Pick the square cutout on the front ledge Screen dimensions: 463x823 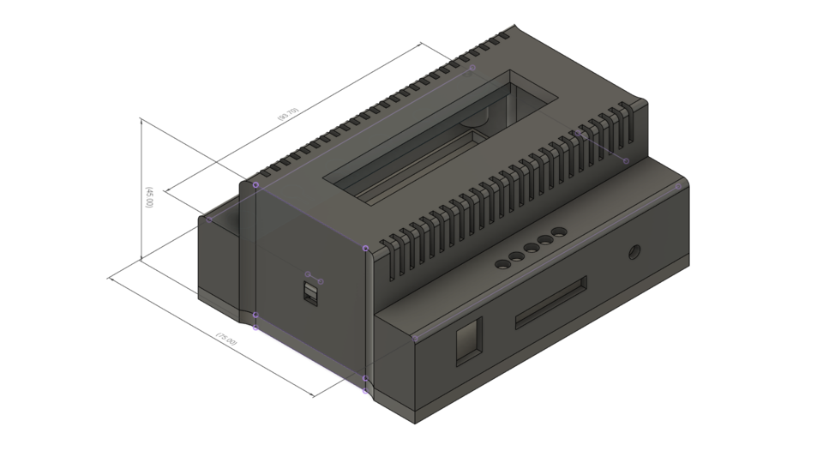coord(468,341)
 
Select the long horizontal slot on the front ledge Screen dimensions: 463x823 coord(550,302)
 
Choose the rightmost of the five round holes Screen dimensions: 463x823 coord(559,232)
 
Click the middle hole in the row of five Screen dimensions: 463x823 coord(531,249)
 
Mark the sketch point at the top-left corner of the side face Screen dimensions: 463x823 coord(255,184)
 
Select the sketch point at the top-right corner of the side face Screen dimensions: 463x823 coord(366,249)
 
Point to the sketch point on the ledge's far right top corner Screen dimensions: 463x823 coord(678,186)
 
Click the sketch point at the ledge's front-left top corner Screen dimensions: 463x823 coord(416,339)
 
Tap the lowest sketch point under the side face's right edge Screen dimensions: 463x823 coord(365,392)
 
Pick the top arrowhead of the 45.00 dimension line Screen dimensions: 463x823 coord(141,121)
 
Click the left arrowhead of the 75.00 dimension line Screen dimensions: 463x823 coord(110,278)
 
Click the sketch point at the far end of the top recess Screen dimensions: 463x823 coord(472,68)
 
